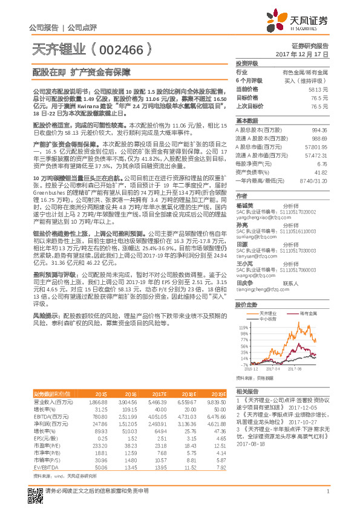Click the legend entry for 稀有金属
point(309,313)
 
